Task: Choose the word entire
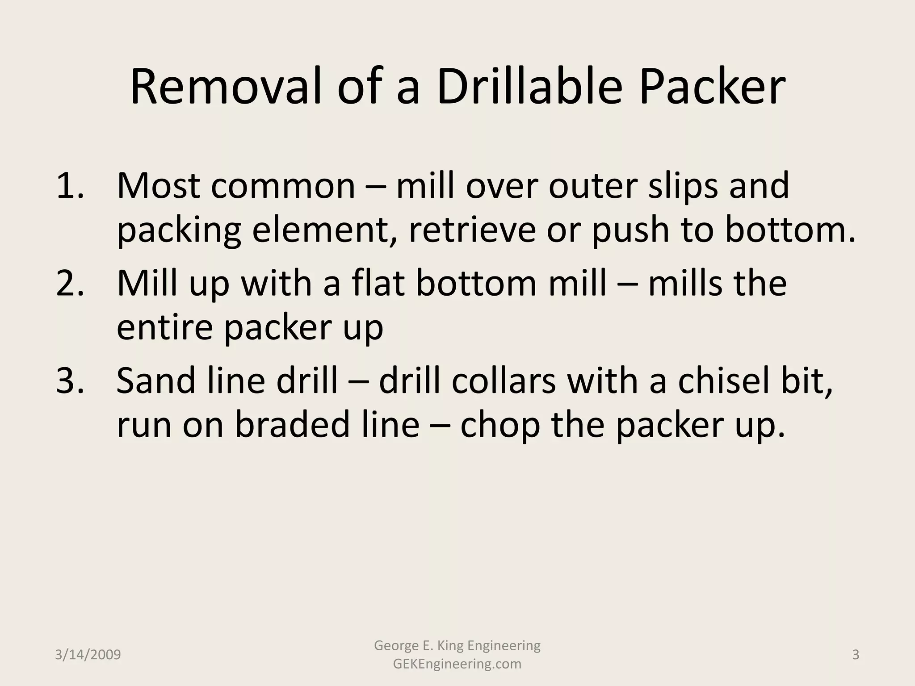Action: [x=165, y=327]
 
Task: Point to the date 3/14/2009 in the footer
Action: [x=88, y=655]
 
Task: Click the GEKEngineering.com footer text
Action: [x=457, y=664]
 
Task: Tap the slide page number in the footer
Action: [x=856, y=655]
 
